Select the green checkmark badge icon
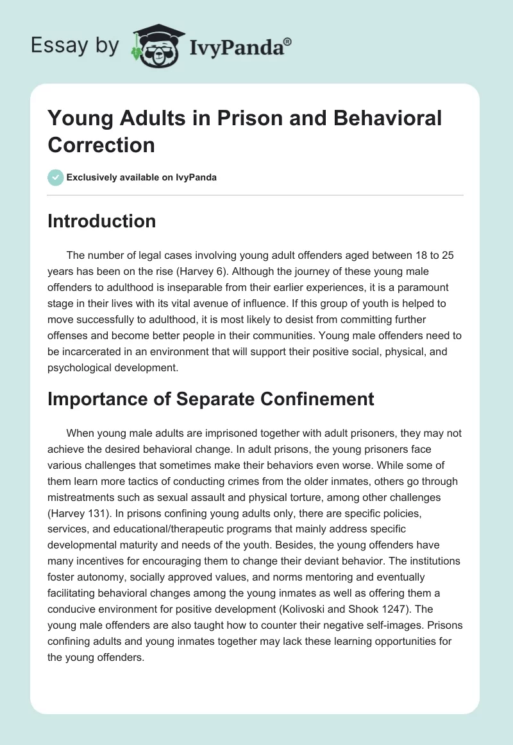[56, 177]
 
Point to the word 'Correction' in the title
[101, 145]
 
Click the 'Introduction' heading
[102, 221]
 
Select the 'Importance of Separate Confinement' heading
[211, 398]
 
